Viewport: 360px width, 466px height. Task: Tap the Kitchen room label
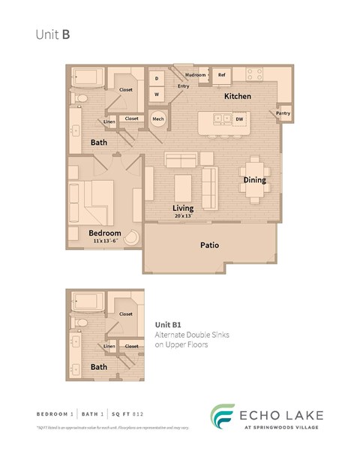(x=237, y=97)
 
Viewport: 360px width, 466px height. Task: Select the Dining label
(x=254, y=180)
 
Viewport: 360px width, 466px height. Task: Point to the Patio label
(x=209, y=245)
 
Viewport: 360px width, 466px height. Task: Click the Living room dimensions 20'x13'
(x=182, y=216)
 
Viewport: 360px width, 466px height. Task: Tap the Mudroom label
(x=196, y=75)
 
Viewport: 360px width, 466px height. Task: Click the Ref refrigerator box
(x=222, y=75)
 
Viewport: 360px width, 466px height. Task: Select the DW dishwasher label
(x=239, y=119)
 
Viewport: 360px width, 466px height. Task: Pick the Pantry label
(x=283, y=113)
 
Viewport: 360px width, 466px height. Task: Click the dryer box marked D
(x=157, y=78)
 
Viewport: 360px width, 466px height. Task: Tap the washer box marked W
(x=157, y=95)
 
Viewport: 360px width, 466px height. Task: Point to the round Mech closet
(x=158, y=119)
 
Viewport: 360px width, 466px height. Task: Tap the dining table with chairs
(x=254, y=181)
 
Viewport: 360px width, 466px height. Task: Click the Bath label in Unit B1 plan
(x=98, y=367)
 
